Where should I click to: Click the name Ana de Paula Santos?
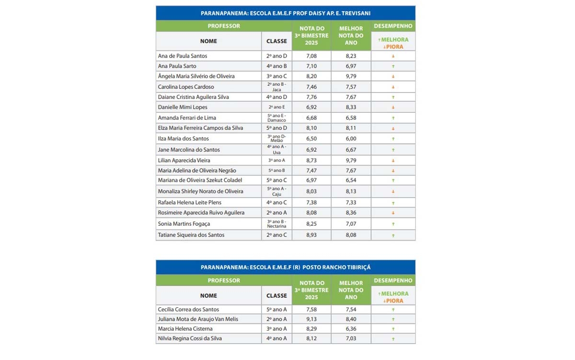click(x=183, y=56)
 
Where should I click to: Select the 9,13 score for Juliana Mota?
click(x=311, y=319)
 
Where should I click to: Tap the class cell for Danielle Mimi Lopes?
click(x=276, y=107)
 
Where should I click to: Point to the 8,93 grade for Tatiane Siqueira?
click(x=311, y=235)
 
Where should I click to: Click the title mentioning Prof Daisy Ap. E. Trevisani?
click(x=286, y=13)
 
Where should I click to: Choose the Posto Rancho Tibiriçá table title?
click(x=286, y=267)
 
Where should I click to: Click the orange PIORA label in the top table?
click(x=393, y=47)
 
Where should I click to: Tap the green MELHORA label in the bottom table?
click(x=393, y=294)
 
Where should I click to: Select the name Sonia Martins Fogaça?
click(x=184, y=224)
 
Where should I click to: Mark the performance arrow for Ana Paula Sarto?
click(x=393, y=66)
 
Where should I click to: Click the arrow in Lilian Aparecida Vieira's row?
click(x=393, y=161)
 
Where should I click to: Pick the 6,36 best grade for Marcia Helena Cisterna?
click(x=351, y=329)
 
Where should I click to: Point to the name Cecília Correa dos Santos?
click(x=188, y=310)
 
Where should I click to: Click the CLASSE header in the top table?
click(x=276, y=41)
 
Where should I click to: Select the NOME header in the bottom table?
click(x=208, y=296)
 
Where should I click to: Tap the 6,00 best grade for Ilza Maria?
click(x=351, y=139)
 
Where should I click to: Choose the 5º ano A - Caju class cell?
click(x=276, y=191)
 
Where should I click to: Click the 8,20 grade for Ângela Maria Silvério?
click(x=311, y=76)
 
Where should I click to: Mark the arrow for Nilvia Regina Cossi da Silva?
click(x=393, y=339)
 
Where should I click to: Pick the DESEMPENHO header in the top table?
click(x=393, y=26)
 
